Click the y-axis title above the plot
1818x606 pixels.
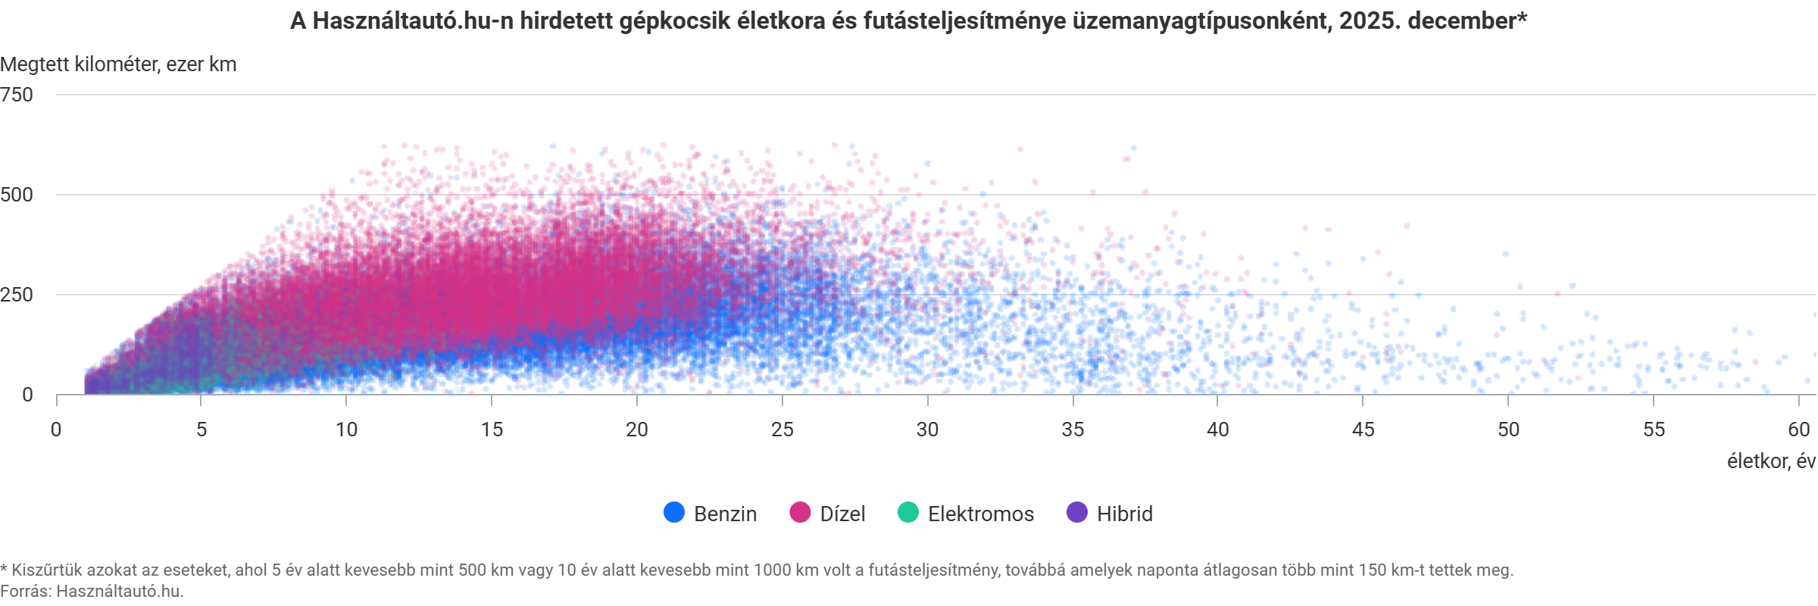tap(117, 64)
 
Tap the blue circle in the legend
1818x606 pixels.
tap(673, 513)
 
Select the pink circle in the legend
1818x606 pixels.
tap(799, 513)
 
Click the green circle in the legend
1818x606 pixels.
tap(907, 513)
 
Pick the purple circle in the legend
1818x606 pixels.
tap(1076, 513)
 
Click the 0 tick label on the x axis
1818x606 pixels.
tap(56, 429)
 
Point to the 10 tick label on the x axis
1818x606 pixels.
tap(347, 429)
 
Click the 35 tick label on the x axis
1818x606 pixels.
tap(1073, 429)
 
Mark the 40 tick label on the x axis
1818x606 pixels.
tap(1217, 429)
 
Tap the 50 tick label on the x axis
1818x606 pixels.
tap(1507, 429)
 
